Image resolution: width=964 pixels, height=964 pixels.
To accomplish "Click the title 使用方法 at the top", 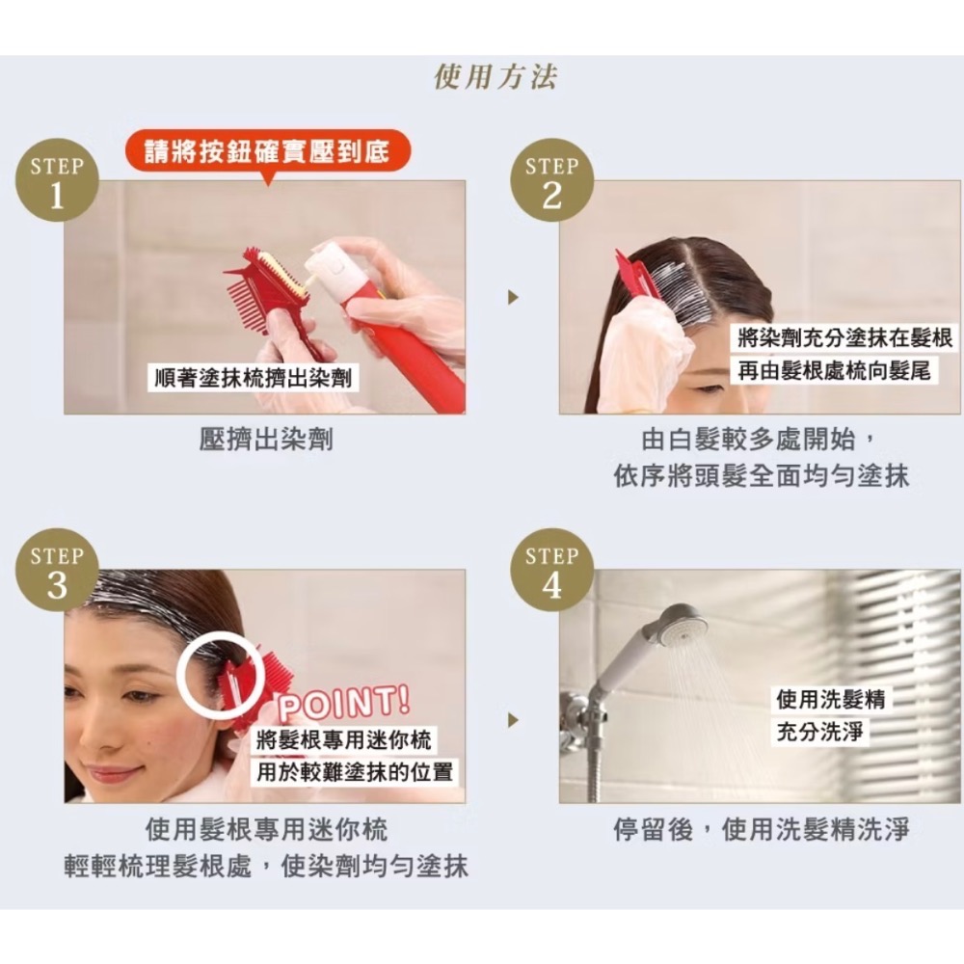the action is tap(495, 77).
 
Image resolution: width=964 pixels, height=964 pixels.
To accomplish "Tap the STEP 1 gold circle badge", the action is tap(57, 180).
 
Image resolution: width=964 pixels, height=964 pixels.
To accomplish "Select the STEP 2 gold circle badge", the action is tap(552, 180).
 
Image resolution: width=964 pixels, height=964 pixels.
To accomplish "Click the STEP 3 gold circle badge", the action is tap(57, 570).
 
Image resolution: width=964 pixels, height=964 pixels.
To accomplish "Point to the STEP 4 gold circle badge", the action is tap(552, 570).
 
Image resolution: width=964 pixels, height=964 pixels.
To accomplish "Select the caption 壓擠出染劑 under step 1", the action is tap(266, 440).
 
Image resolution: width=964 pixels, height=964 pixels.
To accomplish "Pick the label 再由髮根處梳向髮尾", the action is tap(834, 371).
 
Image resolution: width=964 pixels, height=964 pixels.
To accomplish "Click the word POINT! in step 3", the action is tap(344, 704).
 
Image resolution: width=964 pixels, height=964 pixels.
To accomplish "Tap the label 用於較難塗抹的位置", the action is tap(355, 771).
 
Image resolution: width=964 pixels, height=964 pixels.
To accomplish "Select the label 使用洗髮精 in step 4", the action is tap(831, 699).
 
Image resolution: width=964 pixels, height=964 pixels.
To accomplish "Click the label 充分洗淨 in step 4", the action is tap(820, 732).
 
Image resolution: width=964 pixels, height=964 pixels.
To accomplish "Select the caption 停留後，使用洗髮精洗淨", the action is tap(761, 829).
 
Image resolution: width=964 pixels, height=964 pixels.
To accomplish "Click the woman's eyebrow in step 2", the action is tap(707, 388).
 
